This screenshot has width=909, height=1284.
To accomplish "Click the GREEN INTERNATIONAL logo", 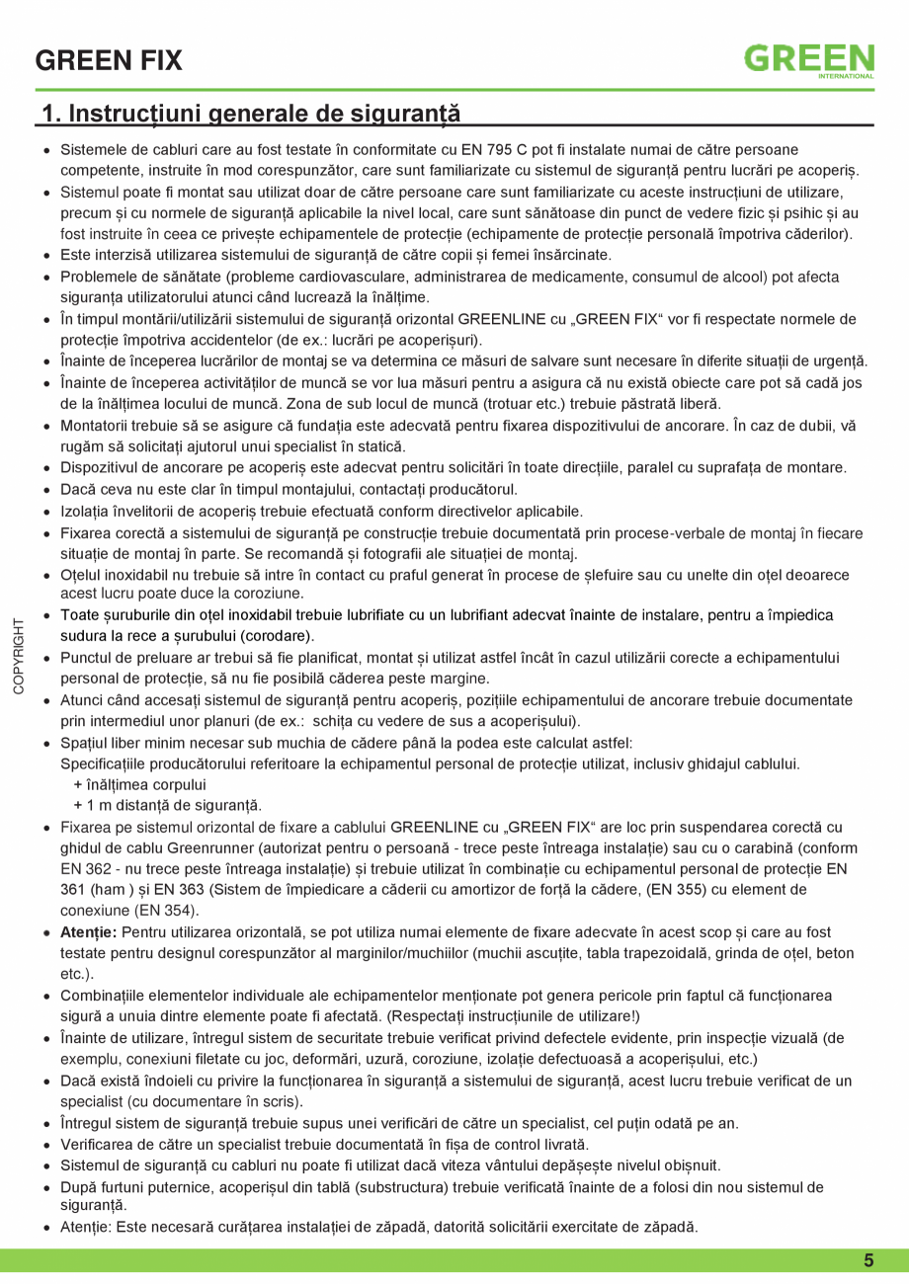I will (808, 60).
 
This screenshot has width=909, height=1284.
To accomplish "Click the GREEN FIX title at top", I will (109, 61).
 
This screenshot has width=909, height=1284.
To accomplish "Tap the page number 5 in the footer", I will (868, 1260).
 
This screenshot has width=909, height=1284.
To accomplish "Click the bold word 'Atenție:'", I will (90, 932).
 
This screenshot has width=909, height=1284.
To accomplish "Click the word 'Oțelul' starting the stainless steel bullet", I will (81, 574).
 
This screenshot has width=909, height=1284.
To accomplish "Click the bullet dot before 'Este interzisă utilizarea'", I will (47, 256).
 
